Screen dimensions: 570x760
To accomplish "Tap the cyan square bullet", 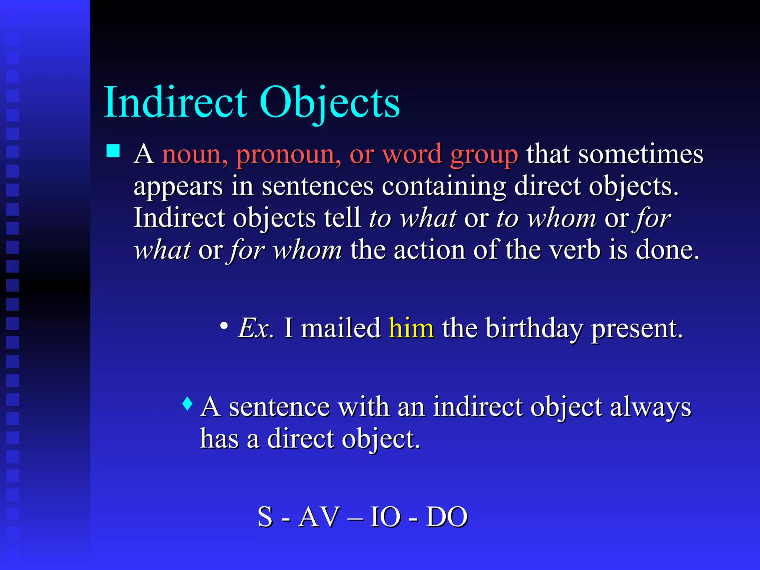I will point(113,151).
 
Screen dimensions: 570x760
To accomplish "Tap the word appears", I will point(178,187).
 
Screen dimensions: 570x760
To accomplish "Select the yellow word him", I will point(411,328).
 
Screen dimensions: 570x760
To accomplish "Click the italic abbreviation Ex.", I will point(256,328).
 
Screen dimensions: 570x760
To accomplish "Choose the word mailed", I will point(340,328).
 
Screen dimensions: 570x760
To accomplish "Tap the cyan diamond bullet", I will point(188,403).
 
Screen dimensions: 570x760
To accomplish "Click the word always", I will point(651,407).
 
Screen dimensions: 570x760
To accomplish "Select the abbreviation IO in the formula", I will point(385,517).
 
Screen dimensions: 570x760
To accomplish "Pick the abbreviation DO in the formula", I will point(447,517).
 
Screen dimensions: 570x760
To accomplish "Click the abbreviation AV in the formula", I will point(319,517).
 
